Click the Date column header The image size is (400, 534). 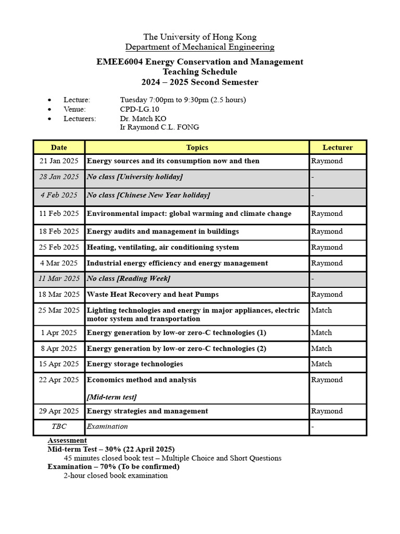[59, 148]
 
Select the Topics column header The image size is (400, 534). [197, 148]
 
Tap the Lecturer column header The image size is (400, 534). [337, 148]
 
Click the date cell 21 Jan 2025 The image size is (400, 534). [59, 161]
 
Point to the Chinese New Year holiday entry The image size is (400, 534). [148, 195]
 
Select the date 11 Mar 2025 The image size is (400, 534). [59, 278]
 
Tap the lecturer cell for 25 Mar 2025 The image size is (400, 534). [321, 310]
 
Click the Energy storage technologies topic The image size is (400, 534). [135, 364]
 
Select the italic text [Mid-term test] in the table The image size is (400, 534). [111, 397]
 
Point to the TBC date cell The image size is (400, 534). [59, 427]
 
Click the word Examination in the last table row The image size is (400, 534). [107, 427]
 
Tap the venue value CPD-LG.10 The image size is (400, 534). [140, 109]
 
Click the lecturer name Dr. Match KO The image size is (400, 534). [143, 118]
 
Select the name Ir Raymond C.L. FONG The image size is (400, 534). [159, 127]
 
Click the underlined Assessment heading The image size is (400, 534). [67, 441]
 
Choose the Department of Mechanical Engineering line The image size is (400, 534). [200, 47]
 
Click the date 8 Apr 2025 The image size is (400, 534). [59, 348]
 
